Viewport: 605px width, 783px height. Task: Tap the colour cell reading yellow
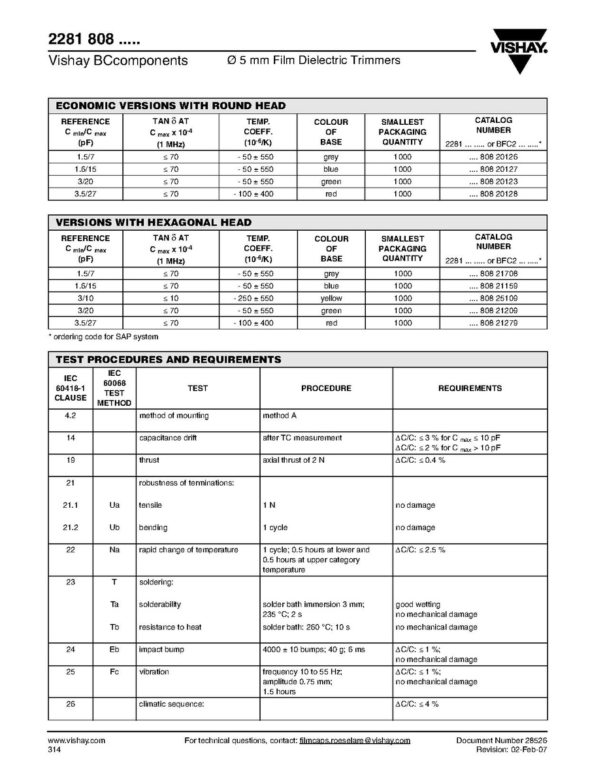[331, 299]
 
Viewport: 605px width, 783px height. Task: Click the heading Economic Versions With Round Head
[171, 106]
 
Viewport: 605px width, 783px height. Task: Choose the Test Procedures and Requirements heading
[169, 359]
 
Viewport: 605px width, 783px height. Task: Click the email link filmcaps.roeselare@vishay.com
[355, 741]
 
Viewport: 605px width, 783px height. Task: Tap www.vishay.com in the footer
[76, 741]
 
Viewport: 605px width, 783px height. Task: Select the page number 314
[54, 750]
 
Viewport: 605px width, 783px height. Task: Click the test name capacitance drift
[168, 438]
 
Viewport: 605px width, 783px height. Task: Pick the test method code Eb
[114, 650]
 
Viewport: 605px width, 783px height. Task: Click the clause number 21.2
[71, 527]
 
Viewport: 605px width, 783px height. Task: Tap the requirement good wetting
[418, 605]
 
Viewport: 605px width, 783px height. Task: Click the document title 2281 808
[94, 39]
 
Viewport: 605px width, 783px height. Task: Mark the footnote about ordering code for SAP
[103, 337]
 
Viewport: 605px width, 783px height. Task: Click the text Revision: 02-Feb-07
[512, 750]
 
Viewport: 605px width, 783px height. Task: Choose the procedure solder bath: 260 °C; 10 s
[306, 627]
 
